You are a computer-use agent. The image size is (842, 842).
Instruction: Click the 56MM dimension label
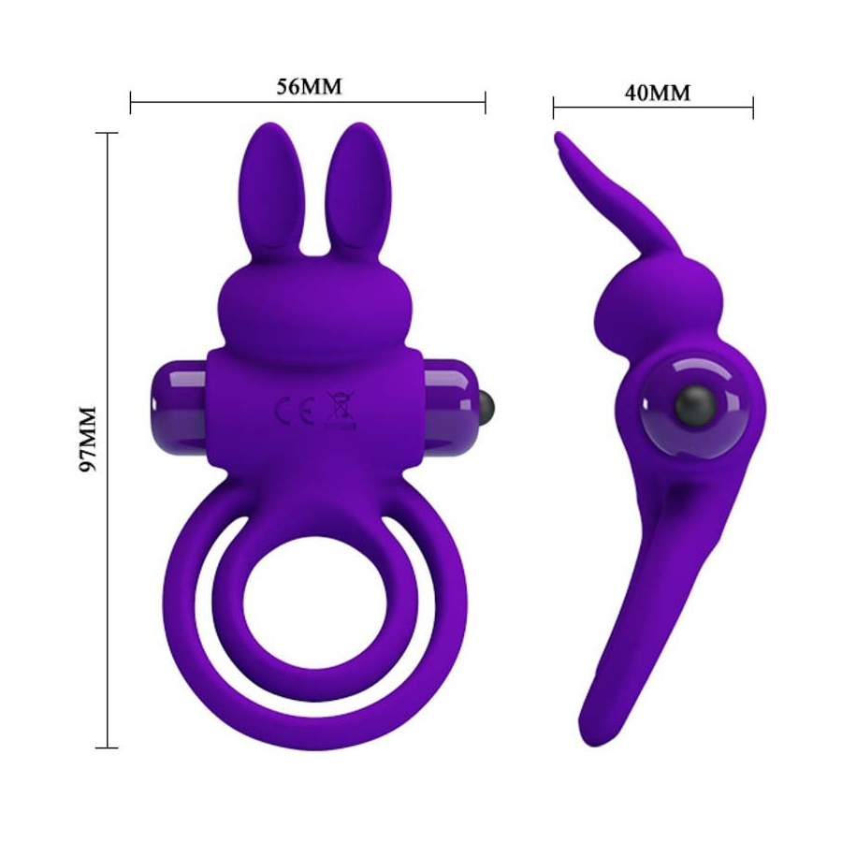309,87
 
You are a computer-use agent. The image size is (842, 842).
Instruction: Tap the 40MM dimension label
657,93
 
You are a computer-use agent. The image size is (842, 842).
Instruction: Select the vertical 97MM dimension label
88,440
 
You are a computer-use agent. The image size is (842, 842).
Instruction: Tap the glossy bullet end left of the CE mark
178,401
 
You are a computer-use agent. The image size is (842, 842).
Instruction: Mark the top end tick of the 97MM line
108,134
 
